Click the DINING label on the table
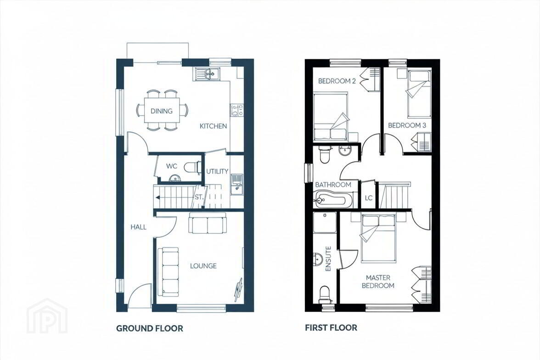[162, 111]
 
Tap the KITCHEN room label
[213, 126]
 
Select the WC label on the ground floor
[172, 166]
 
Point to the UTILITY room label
[217, 171]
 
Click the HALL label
[138, 227]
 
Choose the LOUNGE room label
[203, 266]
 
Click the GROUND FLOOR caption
[150, 328]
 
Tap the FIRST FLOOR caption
[331, 327]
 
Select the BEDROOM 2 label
[337, 81]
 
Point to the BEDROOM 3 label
[407, 125]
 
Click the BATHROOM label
[333, 185]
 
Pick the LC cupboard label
[368, 198]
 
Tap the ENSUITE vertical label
[328, 259]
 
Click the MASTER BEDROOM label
[378, 281]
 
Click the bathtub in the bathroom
[333, 199]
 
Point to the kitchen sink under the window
[206, 74]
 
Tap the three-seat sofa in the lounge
[168, 272]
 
